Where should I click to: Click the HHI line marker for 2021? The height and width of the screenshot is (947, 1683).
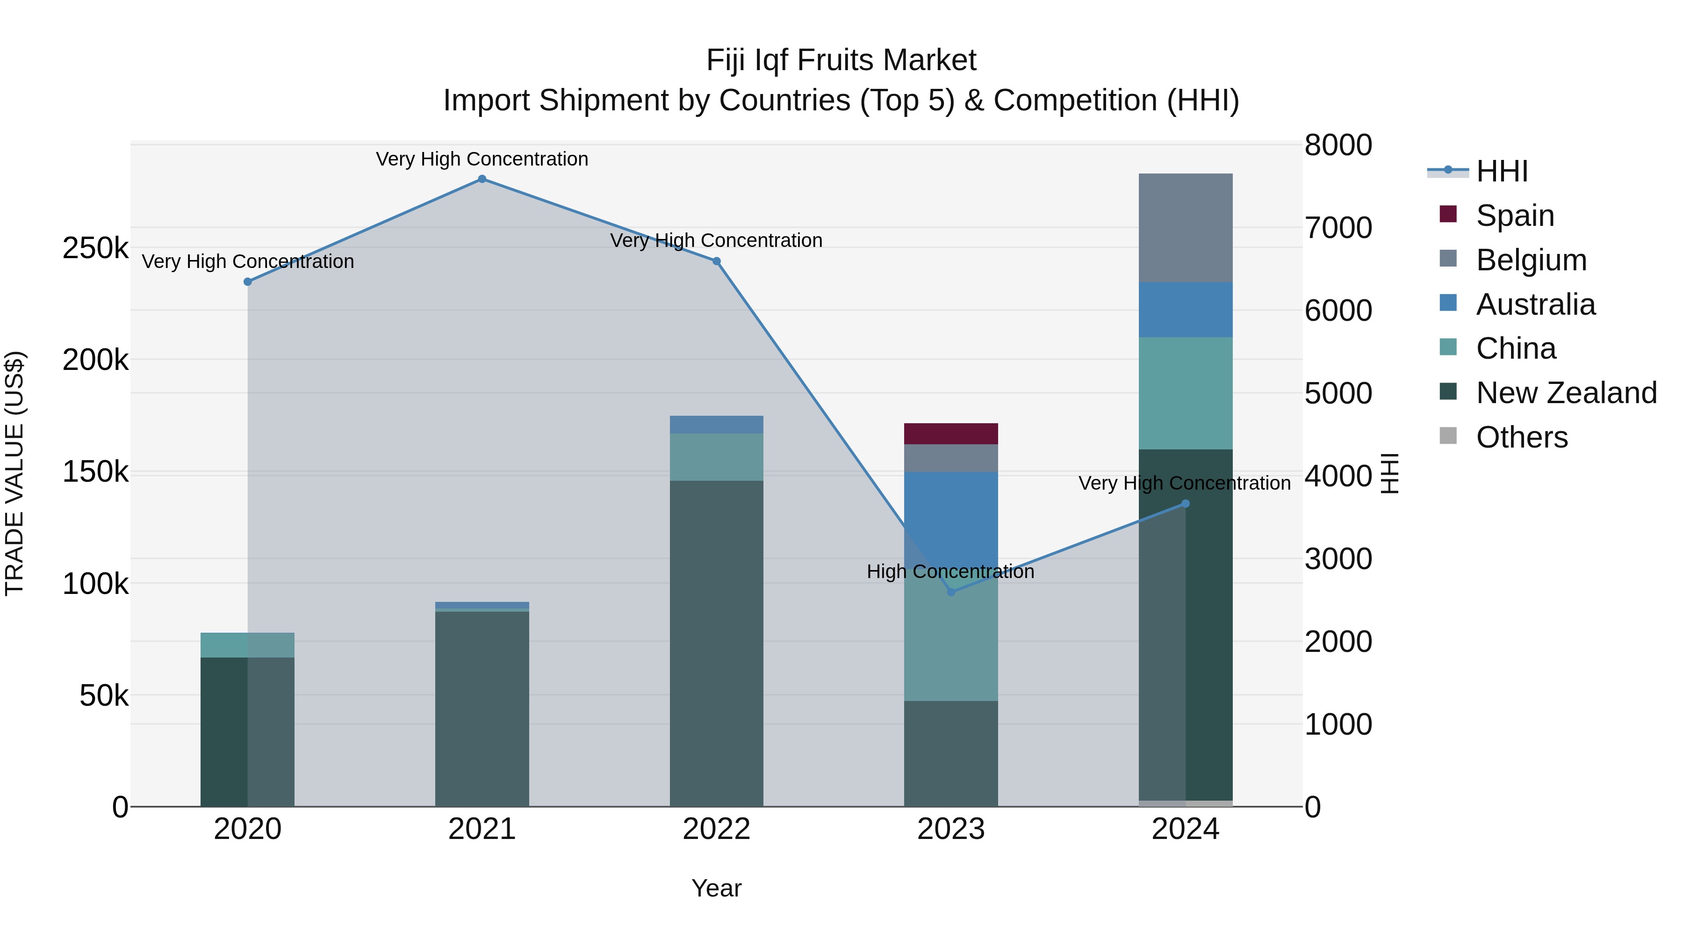(482, 179)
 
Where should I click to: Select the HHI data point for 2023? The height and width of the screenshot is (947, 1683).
(950, 592)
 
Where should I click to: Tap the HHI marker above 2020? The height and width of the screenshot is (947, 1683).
(248, 282)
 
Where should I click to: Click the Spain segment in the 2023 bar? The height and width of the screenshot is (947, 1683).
(950, 434)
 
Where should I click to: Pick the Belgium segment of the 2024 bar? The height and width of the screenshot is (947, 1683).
(1185, 227)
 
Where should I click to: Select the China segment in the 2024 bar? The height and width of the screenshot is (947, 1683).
(1185, 393)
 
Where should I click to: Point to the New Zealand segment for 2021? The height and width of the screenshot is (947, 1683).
(482, 709)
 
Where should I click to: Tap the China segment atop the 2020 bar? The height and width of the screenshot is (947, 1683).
(248, 645)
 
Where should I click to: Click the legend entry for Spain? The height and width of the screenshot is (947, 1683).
(1514, 216)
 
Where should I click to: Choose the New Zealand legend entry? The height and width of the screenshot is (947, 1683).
(1565, 393)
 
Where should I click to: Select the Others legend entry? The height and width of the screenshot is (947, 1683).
(1521, 437)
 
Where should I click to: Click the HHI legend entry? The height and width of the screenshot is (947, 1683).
(1501, 171)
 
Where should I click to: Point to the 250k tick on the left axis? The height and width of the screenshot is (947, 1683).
(95, 248)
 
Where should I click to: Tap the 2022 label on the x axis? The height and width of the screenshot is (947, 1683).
(716, 829)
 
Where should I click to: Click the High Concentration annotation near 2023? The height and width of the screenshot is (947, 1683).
(950, 572)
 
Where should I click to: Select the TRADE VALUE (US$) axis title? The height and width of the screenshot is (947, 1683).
(14, 473)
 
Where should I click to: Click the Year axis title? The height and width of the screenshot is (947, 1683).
(716, 888)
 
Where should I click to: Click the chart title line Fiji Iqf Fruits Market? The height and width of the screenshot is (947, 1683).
(841, 61)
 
